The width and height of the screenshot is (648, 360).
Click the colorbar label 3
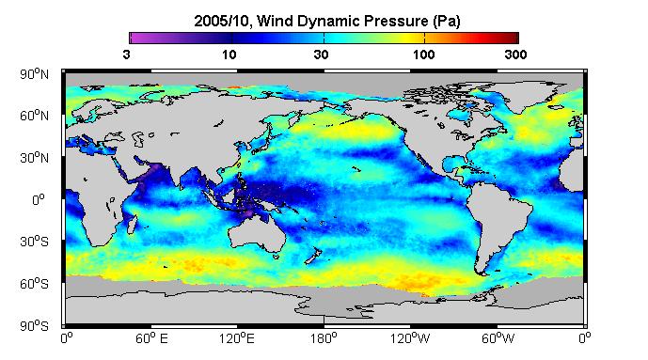point(126,55)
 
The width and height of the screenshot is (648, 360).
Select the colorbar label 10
point(229,55)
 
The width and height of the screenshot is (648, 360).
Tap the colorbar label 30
point(321,55)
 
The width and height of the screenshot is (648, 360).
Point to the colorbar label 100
point(424,55)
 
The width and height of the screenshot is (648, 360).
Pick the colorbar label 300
point(515,55)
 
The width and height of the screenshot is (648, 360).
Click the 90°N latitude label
point(34,74)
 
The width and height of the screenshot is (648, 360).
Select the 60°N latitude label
point(34,116)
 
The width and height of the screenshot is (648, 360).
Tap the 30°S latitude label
point(34,242)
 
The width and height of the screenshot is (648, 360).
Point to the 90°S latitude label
point(34,326)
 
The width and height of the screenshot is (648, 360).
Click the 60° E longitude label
point(151,339)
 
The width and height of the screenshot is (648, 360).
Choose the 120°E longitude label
point(237,339)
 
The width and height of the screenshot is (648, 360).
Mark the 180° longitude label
point(324,339)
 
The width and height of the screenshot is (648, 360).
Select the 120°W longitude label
point(410,339)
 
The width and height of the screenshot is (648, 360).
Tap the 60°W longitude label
point(498,339)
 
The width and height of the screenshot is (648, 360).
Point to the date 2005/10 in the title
point(222,21)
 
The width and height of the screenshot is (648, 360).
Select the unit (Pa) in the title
point(447,22)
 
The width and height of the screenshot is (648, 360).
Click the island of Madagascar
point(132,223)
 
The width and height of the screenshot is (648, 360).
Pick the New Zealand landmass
point(313,256)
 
